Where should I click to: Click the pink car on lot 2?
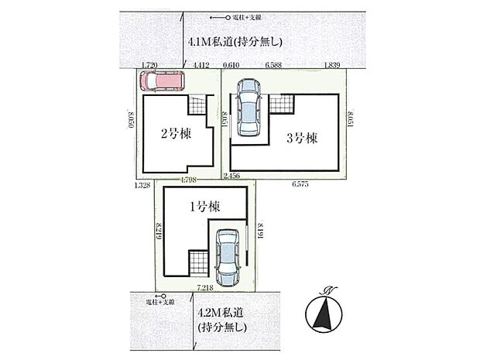163,81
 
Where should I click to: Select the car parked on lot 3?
249,109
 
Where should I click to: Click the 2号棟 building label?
175,133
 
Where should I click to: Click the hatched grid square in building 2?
199,104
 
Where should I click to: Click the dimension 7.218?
205,287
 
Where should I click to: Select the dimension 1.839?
333,67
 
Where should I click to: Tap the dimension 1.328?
141,185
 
